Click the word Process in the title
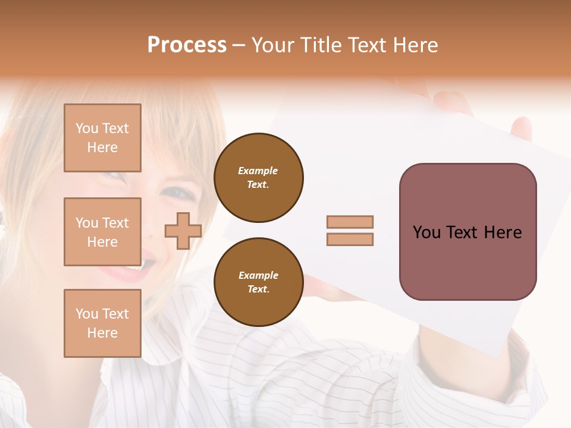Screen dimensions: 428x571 187,45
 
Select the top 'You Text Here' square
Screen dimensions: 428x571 102,138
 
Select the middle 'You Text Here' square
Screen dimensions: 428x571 102,232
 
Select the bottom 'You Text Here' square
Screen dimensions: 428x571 102,323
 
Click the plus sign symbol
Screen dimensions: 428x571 183,231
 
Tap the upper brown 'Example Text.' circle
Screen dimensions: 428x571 258,178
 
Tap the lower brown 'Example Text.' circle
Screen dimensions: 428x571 258,282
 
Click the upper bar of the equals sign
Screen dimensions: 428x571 350,222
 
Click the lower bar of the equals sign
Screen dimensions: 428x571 350,239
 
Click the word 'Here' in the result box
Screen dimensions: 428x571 503,232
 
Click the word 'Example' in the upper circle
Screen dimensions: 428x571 258,171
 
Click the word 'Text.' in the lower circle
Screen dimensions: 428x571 258,289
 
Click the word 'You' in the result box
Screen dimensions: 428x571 427,232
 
